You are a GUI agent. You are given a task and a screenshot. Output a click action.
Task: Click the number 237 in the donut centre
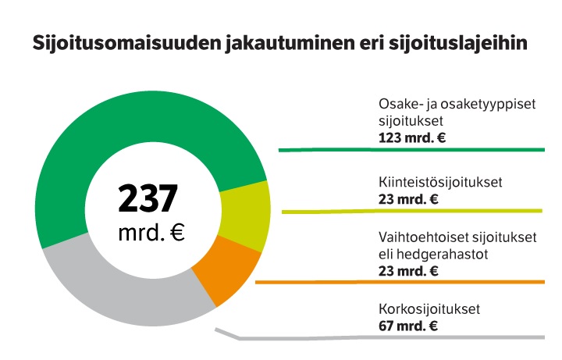148,198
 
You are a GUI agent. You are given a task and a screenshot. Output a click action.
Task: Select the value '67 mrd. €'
407,326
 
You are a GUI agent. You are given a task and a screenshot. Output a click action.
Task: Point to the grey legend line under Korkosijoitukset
390,338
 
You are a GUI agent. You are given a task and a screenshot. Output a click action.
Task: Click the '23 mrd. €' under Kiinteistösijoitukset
407,199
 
